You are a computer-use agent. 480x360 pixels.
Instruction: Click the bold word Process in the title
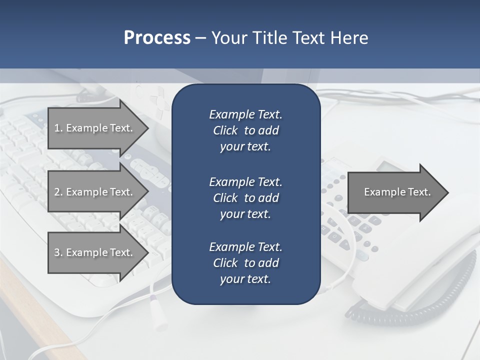tap(157, 37)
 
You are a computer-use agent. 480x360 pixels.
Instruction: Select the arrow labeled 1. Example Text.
tap(95, 128)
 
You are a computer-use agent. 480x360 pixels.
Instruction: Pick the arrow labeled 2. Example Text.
tap(95, 192)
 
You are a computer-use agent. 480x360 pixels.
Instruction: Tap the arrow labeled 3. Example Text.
tap(95, 252)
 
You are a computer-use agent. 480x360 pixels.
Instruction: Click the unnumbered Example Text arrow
tap(395, 192)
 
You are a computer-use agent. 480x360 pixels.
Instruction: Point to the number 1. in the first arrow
tap(58, 128)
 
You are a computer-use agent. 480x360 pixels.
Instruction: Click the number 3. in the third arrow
tap(58, 252)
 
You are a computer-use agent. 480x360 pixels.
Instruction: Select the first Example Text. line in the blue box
tap(245, 114)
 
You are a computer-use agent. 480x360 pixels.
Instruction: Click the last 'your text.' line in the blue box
tap(245, 279)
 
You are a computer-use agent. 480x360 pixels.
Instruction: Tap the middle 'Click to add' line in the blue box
tap(245, 198)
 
